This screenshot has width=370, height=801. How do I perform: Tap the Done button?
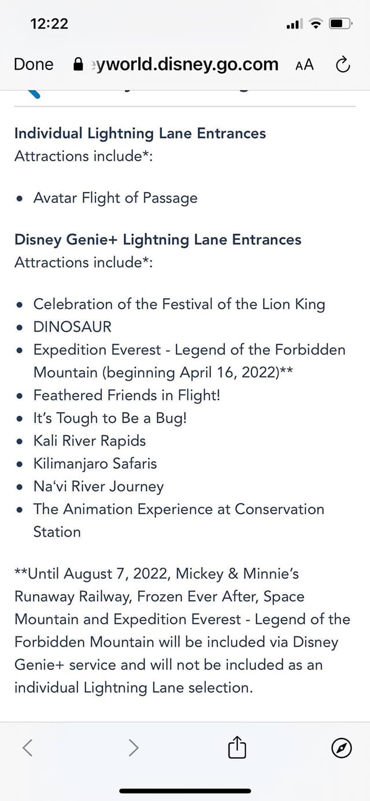(34, 64)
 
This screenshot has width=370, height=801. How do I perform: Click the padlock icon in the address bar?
(78, 64)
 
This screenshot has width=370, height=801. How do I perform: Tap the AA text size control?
(305, 65)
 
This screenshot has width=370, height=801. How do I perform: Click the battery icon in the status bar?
(341, 24)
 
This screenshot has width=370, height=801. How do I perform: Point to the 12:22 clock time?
(49, 24)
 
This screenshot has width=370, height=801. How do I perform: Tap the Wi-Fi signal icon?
(316, 24)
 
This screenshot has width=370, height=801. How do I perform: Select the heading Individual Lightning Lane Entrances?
(140, 133)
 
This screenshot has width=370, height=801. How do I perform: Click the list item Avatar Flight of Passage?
(115, 198)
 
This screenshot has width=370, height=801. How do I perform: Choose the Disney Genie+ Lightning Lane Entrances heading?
(158, 240)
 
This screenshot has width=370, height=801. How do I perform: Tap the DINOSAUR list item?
(72, 327)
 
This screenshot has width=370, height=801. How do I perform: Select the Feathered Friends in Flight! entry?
(127, 395)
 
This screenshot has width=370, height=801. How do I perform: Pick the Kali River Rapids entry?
(90, 441)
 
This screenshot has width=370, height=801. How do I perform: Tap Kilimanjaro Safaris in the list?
(95, 464)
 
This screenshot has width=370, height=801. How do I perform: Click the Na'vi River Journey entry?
(98, 487)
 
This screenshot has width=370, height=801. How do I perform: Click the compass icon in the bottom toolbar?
(342, 748)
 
